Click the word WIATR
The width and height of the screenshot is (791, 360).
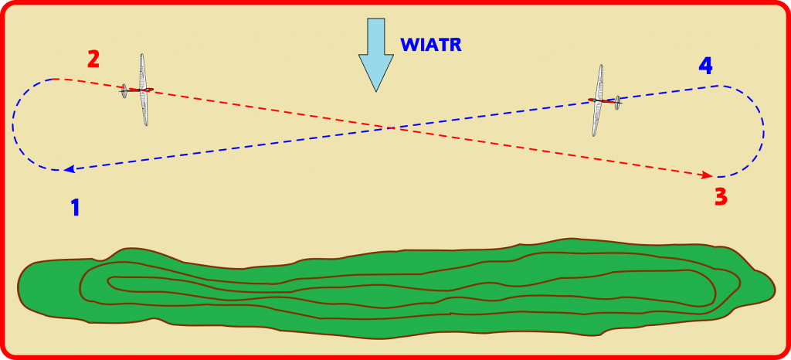coord(431,45)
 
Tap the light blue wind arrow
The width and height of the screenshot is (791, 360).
coord(376,54)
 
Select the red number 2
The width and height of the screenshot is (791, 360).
coord(93,59)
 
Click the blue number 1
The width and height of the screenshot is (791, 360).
coord(75,208)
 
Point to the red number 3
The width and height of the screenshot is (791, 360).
coord(721,197)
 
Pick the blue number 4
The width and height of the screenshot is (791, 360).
coord(706,65)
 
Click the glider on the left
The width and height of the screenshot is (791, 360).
coord(137,90)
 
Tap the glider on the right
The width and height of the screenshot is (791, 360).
coord(604,100)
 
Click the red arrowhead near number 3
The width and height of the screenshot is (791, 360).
coord(708,175)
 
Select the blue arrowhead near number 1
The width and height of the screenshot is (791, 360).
coord(70,169)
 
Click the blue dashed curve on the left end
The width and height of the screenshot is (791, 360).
coord(14,124)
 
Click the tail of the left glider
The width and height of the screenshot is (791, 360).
coord(124,91)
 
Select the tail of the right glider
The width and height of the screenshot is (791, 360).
coord(617,103)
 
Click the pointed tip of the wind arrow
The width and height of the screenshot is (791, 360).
coord(376,92)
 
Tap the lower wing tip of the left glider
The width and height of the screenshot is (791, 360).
coord(146,125)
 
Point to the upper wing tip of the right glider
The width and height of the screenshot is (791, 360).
coord(601,65)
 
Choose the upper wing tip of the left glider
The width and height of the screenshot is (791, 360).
coord(142,54)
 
